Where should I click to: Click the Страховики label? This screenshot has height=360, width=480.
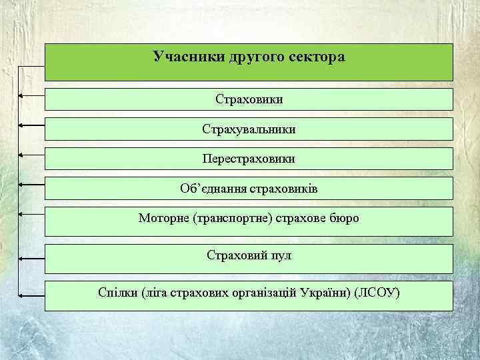pos(249,99)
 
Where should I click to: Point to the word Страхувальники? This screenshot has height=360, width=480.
pos(249,129)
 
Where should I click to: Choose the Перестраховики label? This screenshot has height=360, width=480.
pos(249,159)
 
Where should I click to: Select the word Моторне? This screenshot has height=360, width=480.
pos(163,218)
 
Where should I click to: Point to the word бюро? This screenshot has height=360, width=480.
pos(343,218)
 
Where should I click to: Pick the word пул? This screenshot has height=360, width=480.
pos(279,255)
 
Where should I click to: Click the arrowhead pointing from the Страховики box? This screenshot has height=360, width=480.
pos(21,97)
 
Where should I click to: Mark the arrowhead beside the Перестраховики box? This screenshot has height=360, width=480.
pos(21,155)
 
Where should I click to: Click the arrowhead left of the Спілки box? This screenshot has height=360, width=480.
pos(21,294)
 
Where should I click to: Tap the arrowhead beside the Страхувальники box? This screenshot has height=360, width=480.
pos(21,125)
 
